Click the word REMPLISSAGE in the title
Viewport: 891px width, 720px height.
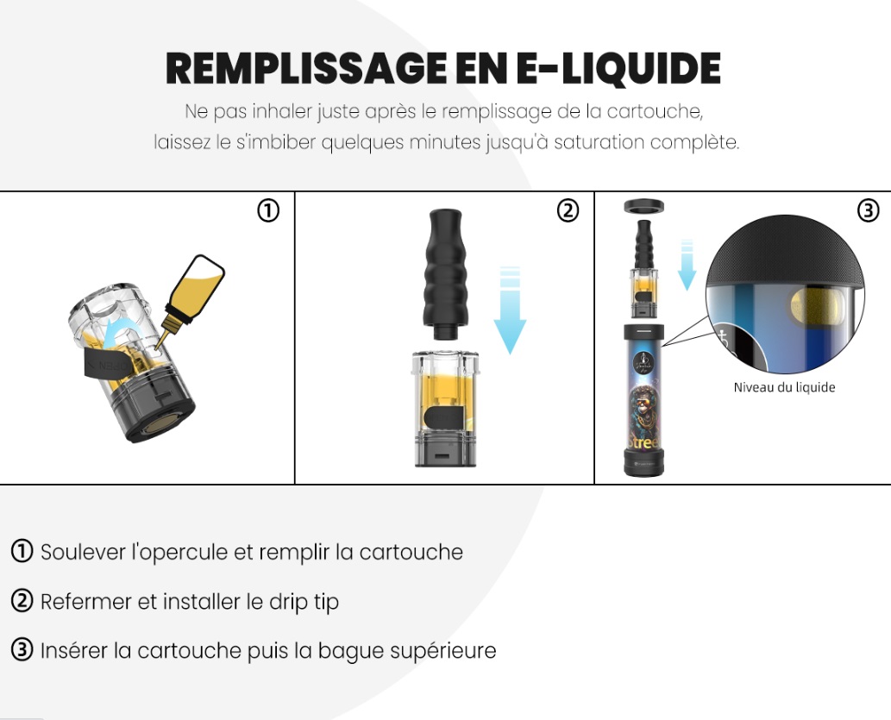click(305, 68)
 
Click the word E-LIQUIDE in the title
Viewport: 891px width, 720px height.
click(618, 68)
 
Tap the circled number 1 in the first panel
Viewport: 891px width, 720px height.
click(268, 211)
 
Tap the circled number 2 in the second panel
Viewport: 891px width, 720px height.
click(568, 211)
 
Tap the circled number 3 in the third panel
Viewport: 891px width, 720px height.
click(868, 211)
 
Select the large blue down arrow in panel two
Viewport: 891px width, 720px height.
click(510, 310)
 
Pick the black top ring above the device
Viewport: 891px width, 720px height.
click(643, 206)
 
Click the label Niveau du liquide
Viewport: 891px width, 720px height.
click(784, 387)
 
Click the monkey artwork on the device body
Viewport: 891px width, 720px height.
click(643, 404)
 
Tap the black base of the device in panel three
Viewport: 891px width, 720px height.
click(643, 462)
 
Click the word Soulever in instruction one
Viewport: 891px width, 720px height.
click(83, 553)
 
